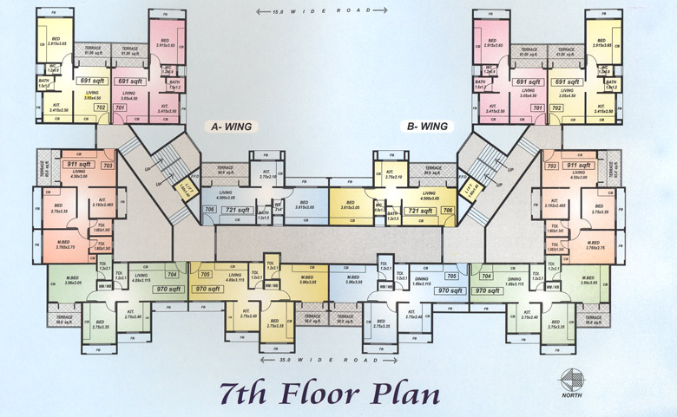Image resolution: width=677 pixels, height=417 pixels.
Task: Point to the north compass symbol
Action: pyautogui.click(x=573, y=382)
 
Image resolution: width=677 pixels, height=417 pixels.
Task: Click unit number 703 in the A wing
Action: pyautogui.click(x=108, y=165)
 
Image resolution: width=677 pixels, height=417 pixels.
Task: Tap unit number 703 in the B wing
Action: pyautogui.click(x=550, y=165)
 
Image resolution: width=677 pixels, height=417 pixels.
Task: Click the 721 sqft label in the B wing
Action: pyautogui.click(x=421, y=211)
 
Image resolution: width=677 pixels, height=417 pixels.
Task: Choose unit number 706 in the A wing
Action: pyautogui.click(x=209, y=211)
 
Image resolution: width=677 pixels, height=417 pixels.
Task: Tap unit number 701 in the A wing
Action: pyautogui.click(x=120, y=108)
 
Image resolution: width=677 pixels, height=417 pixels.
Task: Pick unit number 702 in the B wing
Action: pyautogui.click(x=556, y=108)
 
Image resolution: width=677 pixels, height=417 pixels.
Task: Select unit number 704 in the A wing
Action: pyautogui.click(x=172, y=274)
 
